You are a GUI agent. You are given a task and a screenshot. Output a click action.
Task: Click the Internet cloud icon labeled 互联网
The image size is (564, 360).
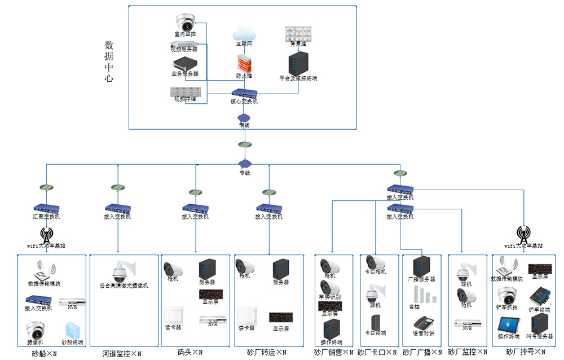(244, 33)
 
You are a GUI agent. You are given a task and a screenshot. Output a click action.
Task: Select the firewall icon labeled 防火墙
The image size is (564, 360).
(244, 62)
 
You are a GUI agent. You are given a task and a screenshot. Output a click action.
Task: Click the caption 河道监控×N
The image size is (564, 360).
(122, 354)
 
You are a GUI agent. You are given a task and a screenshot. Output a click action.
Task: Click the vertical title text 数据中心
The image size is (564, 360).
(109, 62)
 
